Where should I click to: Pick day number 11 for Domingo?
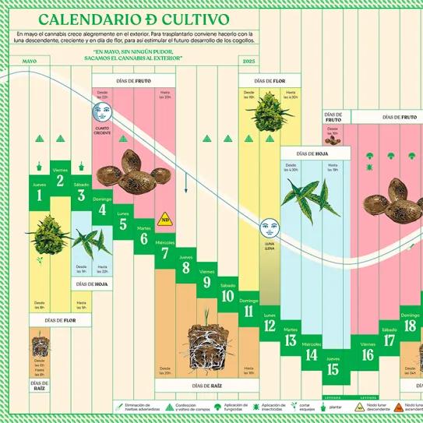[x=249, y=312]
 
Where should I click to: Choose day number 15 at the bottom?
[x=333, y=369]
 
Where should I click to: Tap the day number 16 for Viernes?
[x=368, y=355]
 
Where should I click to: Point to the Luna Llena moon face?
[x=269, y=229]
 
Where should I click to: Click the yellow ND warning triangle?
[x=164, y=220]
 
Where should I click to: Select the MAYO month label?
[x=30, y=61]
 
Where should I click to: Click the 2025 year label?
[x=249, y=61]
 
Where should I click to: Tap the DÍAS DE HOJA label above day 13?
[x=312, y=154]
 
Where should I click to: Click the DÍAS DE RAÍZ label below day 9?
[x=186, y=386]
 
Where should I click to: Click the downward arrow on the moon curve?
[x=186, y=187]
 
